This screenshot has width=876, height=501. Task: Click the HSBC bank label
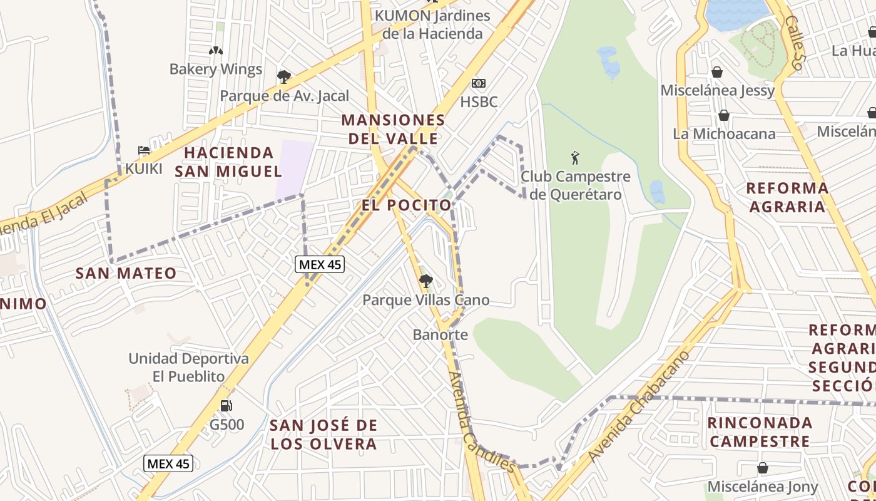tap(479, 101)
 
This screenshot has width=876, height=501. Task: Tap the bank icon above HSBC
tap(479, 83)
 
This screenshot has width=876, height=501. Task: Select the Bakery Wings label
tap(216, 69)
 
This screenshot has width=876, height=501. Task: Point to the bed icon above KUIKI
tap(144, 150)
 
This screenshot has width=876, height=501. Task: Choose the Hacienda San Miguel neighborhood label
tap(229, 162)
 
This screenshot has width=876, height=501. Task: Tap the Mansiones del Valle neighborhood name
tap(393, 129)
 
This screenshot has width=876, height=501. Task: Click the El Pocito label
tap(407, 205)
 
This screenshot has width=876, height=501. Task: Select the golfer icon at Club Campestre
tap(575, 158)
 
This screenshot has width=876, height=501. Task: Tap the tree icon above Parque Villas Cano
tap(426, 281)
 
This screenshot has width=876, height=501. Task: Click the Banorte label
tap(440, 334)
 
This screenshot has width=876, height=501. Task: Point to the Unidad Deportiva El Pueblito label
tap(188, 368)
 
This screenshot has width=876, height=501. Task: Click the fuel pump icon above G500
tap(227, 406)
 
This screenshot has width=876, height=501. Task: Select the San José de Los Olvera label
tap(323, 435)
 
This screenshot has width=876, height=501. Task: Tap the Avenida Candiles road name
tap(481, 423)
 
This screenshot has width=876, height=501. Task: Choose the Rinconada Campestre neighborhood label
tap(760, 431)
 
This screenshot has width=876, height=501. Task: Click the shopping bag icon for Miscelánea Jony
tap(762, 468)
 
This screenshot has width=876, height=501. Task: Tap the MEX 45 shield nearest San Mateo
tap(320, 264)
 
